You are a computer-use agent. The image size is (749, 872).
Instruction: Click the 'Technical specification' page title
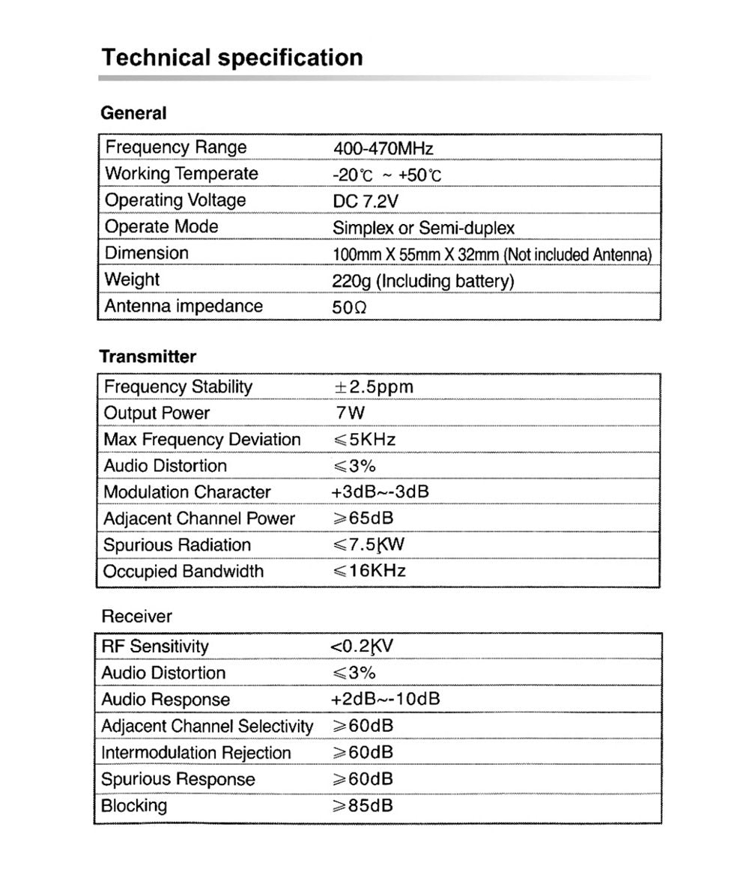click(232, 58)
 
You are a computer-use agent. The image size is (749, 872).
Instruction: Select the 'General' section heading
click(133, 114)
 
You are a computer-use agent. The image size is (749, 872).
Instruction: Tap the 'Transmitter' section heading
click(148, 357)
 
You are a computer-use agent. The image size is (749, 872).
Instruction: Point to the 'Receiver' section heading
click(136, 617)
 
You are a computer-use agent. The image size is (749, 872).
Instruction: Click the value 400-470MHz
click(383, 148)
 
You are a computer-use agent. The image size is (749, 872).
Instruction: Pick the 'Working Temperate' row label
click(181, 174)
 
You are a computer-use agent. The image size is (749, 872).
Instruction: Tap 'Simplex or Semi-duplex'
click(423, 227)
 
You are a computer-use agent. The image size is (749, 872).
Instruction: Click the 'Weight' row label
click(132, 279)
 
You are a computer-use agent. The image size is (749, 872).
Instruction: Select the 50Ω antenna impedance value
click(349, 306)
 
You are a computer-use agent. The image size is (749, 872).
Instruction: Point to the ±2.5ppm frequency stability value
click(373, 387)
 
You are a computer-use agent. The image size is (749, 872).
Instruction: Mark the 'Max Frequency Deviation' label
click(201, 440)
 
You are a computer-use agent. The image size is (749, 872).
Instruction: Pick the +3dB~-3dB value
click(379, 492)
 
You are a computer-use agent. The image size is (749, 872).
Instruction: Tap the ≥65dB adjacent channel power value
click(363, 518)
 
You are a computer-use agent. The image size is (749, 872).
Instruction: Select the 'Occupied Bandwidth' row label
click(184, 572)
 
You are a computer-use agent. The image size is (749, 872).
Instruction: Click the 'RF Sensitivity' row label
click(155, 647)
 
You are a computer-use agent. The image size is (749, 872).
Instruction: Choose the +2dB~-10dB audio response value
click(384, 699)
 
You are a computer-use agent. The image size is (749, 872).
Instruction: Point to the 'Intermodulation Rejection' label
click(196, 752)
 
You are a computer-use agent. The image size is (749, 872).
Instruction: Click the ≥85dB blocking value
click(362, 805)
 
